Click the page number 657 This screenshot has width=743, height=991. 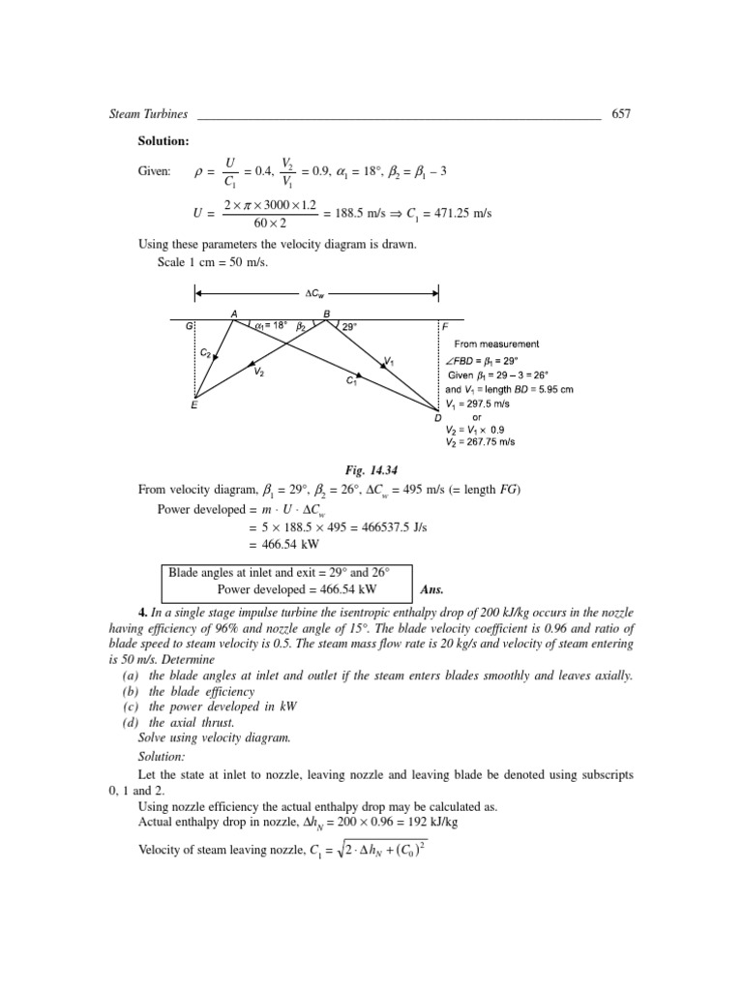tap(621, 113)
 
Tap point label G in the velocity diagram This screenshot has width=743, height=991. tap(190, 328)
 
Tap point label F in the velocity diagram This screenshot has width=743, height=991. tap(445, 328)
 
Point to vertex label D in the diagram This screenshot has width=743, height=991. tap(438, 416)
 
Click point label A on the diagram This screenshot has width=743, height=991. tap(233, 313)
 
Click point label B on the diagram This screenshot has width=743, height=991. tap(326, 313)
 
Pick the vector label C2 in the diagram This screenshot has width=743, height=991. tap(205, 353)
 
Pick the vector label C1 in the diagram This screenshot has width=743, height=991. tap(352, 381)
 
